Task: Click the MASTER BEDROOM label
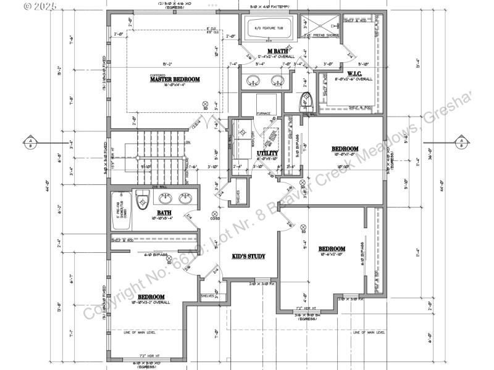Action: pos(175,79)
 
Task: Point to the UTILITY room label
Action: pos(267,153)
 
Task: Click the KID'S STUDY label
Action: pos(249,255)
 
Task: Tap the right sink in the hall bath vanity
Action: pos(185,199)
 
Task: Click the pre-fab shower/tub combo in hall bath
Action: pos(120,207)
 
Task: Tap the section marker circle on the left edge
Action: pos(30,142)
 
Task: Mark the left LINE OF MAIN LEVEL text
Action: pos(139,332)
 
